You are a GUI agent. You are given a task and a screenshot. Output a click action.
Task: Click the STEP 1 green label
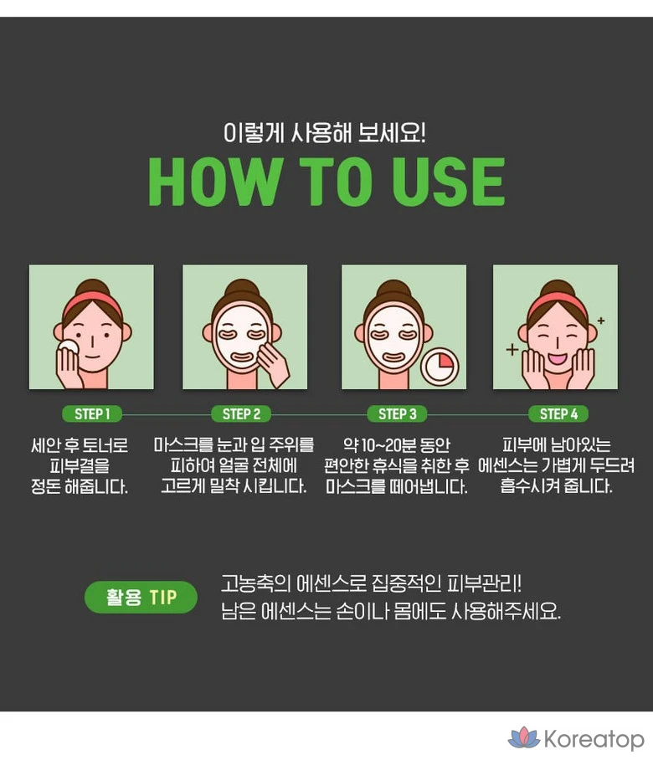pos(92,414)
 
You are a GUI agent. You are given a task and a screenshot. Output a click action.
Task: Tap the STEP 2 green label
pos(241,414)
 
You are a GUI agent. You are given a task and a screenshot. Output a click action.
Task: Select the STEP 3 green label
pos(397,414)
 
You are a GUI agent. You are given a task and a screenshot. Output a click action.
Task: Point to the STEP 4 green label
pos(558,414)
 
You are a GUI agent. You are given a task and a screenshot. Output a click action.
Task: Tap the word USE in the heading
pos(449,182)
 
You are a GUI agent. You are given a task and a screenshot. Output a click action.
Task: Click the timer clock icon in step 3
pos(440,367)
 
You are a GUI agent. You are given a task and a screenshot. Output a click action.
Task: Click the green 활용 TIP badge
pos(141,597)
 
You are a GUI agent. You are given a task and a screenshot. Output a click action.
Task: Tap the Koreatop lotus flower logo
pos(523,737)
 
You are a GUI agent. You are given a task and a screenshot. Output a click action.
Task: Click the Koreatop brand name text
pos(594,739)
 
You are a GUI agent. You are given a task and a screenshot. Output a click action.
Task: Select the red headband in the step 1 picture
pos(92,301)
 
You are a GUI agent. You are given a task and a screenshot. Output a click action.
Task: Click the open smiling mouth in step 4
pos(558,359)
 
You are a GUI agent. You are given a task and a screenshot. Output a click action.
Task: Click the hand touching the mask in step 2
pos(272,363)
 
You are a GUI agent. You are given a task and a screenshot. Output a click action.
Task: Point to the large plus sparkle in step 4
pos(512,349)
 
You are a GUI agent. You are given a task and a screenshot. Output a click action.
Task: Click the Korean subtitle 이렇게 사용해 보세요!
pos(324,132)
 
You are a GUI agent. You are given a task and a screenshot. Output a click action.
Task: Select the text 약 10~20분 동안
pos(397,444)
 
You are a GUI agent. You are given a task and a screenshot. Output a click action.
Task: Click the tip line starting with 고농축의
pos(372,583)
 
